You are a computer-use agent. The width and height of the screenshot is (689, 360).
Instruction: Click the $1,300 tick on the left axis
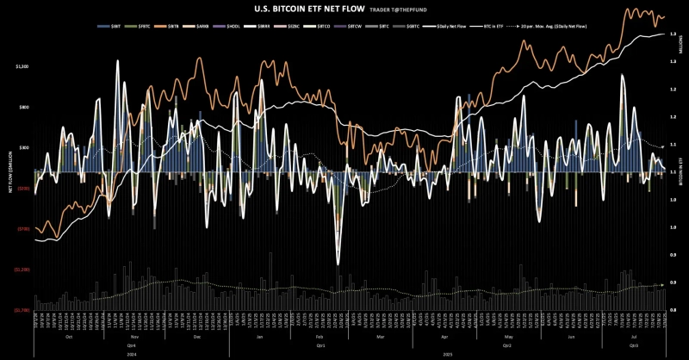click(22, 66)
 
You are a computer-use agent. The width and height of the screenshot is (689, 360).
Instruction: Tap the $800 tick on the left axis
click(23, 107)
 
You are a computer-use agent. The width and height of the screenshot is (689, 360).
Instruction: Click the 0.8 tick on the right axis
click(672, 310)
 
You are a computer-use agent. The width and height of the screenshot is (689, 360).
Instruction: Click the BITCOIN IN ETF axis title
click(678, 172)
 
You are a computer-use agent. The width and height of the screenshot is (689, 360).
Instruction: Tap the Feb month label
click(319, 337)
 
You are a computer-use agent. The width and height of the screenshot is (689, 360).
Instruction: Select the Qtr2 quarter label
click(508, 344)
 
